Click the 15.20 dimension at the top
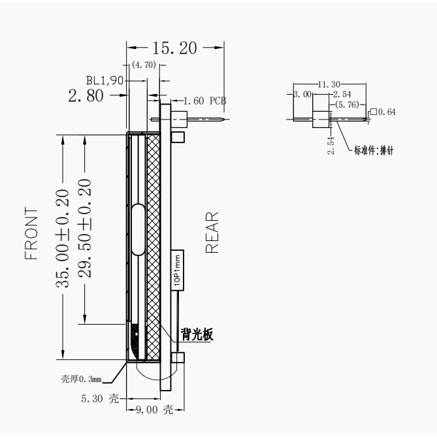(x=175, y=48)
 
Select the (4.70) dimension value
(x=144, y=65)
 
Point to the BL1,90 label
(x=105, y=80)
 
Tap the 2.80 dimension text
(x=86, y=95)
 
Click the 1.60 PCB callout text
(x=204, y=101)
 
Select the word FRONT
(x=31, y=234)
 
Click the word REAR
(x=212, y=233)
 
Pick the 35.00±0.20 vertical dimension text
(x=62, y=238)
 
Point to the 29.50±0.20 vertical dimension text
(x=84, y=228)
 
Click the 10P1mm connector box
(x=177, y=270)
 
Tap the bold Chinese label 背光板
(x=197, y=334)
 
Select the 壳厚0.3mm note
(x=81, y=379)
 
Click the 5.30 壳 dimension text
(x=100, y=398)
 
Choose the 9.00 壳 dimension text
(x=155, y=410)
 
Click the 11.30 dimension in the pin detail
(x=329, y=84)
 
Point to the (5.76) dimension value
(x=348, y=105)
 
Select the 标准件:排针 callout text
(x=374, y=150)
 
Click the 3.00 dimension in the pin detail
(x=302, y=94)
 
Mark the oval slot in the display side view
(x=138, y=230)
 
